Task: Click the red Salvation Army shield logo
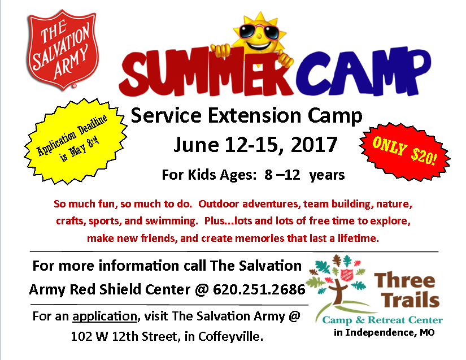(63, 50)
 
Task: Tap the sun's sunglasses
(258, 32)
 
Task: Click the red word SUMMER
(205, 73)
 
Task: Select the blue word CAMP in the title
(363, 71)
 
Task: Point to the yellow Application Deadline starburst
(75, 141)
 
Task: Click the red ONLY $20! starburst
(404, 151)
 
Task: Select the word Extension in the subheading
(254, 115)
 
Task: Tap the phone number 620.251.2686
(259, 289)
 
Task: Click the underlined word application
(104, 316)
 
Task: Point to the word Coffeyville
(230, 336)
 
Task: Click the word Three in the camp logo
(404, 280)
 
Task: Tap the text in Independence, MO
(384, 332)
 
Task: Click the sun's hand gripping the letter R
(286, 59)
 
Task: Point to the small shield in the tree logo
(346, 275)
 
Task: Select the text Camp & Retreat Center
(382, 320)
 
